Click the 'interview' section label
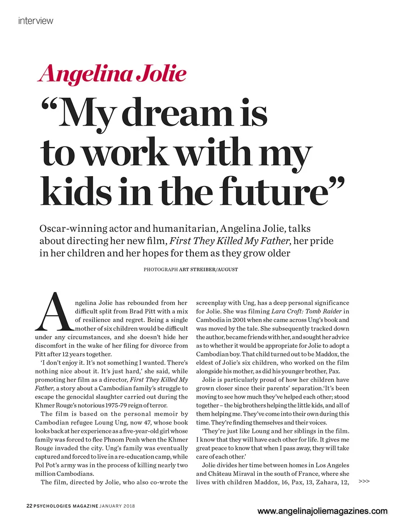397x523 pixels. (x=36, y=20)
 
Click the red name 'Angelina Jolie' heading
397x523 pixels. (x=112, y=74)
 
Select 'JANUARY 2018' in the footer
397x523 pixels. (x=117, y=506)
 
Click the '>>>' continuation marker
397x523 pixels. (x=364, y=481)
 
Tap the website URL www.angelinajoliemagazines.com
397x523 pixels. (x=322, y=511)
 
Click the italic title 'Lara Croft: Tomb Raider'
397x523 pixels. (x=305, y=311)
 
